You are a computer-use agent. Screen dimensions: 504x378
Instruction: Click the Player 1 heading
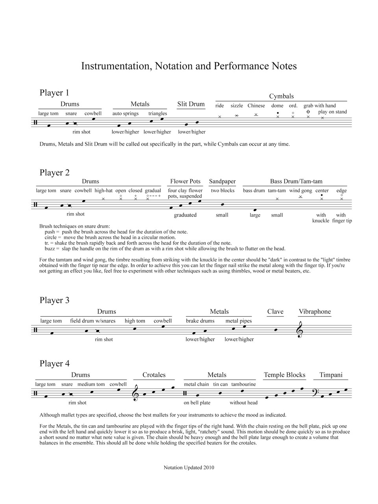pos(54,93)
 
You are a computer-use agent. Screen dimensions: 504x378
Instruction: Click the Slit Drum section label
pos(191,104)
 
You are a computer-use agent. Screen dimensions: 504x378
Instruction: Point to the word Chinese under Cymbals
pos(256,106)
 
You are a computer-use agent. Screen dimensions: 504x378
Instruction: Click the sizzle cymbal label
pos(237,106)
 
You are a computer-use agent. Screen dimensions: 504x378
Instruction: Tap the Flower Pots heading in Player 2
pos(185,182)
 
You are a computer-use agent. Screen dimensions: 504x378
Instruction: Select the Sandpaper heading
pos(222,182)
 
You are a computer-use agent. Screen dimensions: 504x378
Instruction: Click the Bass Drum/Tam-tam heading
pos(296,182)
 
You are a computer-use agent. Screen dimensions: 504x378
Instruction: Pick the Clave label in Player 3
pos(275,311)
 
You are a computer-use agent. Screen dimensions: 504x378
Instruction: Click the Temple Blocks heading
pos(284,375)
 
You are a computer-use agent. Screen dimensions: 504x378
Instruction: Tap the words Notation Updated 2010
pos(189,468)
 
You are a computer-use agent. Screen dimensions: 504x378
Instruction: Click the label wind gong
pos(300,191)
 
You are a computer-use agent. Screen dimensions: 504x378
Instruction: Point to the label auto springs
pos(126,113)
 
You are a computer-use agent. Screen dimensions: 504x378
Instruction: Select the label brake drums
pos(200,321)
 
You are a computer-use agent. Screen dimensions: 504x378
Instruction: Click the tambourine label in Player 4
pos(243,384)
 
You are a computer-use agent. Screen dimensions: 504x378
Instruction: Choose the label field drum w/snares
pos(93,321)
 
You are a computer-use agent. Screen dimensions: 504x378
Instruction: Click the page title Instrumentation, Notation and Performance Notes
pos(189,66)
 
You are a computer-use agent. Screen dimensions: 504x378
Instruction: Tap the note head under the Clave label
pos(276,330)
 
